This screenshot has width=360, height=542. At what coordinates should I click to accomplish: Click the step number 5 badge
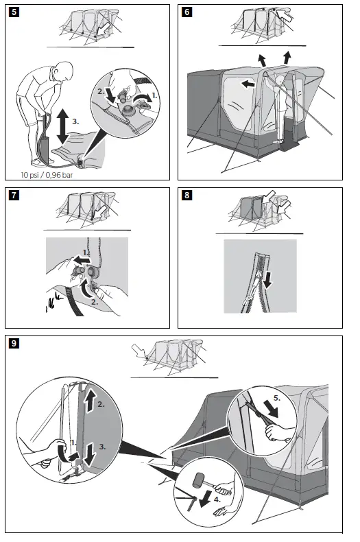[x=14, y=12]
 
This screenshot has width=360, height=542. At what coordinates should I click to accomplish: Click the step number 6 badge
[x=187, y=12]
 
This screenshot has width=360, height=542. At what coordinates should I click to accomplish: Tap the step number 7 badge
[x=14, y=195]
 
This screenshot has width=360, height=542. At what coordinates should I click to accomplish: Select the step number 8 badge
[x=187, y=195]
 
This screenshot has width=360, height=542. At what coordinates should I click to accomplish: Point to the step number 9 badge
[x=14, y=343]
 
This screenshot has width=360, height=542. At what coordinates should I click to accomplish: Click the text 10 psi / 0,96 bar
[x=47, y=175]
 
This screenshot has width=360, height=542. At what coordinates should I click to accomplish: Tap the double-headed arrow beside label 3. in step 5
[x=62, y=126]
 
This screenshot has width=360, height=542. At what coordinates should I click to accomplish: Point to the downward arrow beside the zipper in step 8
[x=267, y=280]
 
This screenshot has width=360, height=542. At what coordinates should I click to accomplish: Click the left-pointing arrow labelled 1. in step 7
[x=82, y=259]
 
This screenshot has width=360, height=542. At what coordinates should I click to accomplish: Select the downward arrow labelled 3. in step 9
[x=90, y=456]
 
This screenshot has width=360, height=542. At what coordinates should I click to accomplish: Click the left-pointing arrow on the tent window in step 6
[x=248, y=83]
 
